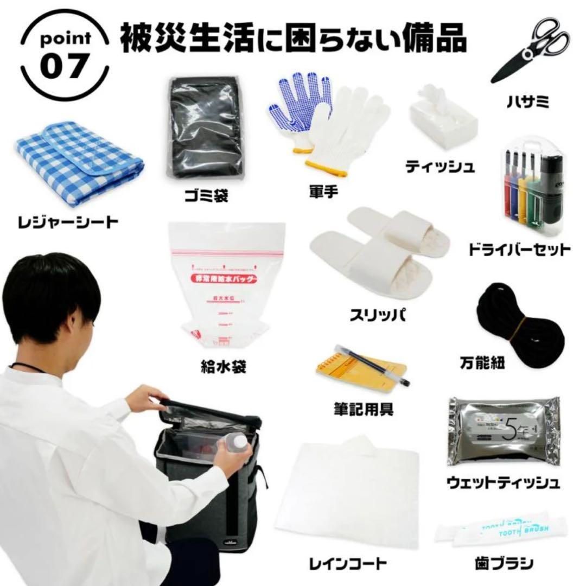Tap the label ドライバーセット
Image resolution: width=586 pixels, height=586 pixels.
tap(520, 250)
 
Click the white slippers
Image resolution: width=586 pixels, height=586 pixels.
tap(380, 250)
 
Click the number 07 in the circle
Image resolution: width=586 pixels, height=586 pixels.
tap(63, 66)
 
